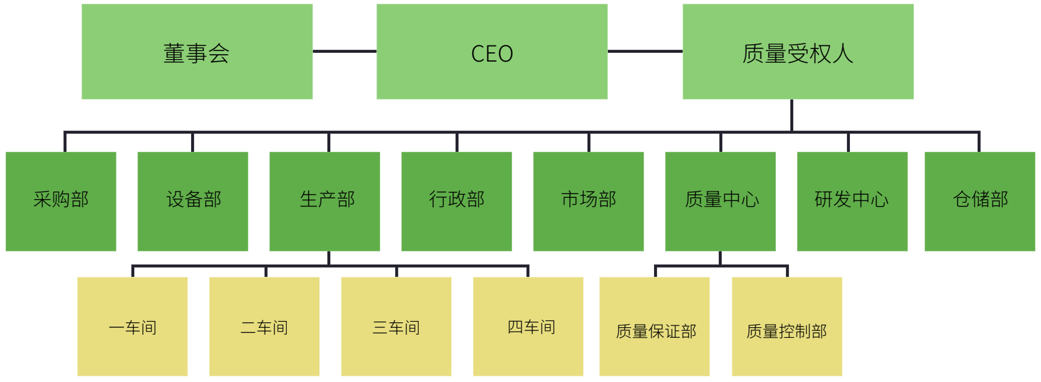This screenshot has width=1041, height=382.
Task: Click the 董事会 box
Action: coord(197,52)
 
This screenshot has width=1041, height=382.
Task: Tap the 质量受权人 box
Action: coord(798,52)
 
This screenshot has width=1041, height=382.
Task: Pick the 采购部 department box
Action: coord(61,201)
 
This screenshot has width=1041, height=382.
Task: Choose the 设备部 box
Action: coord(193,201)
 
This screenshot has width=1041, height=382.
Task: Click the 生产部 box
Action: coord(325,201)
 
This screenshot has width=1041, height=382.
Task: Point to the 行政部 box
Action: coord(457,201)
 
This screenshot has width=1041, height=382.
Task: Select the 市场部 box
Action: coord(589,201)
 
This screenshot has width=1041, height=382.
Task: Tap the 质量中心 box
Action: coord(721,201)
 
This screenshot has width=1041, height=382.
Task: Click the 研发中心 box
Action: coord(852,201)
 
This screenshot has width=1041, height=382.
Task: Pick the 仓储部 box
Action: coord(980,201)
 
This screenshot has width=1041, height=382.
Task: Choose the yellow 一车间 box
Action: coord(133,327)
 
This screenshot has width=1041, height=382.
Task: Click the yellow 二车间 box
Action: coord(264,327)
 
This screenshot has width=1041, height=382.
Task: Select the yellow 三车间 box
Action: coord(396,327)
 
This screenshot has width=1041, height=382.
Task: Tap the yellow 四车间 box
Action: coord(528,327)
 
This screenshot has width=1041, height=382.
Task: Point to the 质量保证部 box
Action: coord(655,327)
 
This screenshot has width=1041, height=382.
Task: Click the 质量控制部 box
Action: coord(787,327)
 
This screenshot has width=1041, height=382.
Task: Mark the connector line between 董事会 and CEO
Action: coord(345,51)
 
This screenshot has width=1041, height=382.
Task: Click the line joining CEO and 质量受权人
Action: coord(645,51)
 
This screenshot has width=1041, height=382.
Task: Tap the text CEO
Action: coord(492,54)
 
